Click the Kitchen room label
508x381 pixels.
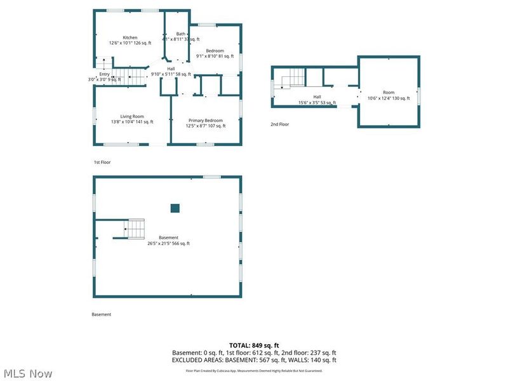click(130, 37)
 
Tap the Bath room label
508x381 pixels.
click(181, 34)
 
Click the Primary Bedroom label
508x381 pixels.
click(205, 120)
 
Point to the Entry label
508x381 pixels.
click(104, 74)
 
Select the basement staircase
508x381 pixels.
click(135, 228)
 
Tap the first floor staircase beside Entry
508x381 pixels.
click(134, 78)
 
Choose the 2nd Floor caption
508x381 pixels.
click(279, 124)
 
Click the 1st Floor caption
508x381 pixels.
click(102, 163)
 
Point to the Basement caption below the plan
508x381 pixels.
click(102, 314)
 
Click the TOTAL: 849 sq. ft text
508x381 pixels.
click(254, 345)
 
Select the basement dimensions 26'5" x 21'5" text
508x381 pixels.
click(168, 243)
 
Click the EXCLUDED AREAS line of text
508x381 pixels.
click(254, 360)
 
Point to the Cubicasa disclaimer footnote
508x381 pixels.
click(254, 371)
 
